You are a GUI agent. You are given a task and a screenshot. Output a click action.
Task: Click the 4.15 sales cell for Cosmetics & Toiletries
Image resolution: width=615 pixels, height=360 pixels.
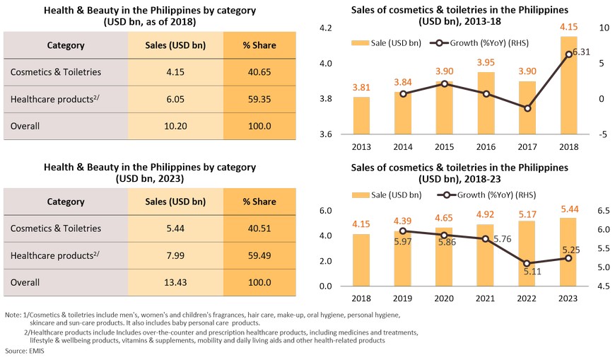(x=175, y=72)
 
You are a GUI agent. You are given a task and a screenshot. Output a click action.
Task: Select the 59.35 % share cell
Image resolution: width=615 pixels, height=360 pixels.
(x=259, y=100)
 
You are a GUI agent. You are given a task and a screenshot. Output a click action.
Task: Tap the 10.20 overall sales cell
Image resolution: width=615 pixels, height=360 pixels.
(x=175, y=127)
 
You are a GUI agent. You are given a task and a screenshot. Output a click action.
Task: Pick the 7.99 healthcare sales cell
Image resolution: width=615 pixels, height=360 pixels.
(x=175, y=255)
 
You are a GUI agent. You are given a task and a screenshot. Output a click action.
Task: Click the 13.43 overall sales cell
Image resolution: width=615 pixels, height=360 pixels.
(x=175, y=282)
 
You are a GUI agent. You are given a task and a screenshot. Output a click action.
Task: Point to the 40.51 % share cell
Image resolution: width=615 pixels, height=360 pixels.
(x=259, y=228)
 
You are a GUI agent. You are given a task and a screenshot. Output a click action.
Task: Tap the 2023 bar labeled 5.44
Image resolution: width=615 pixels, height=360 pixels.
(x=568, y=252)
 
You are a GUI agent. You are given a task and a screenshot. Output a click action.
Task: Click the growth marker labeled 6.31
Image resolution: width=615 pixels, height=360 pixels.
(x=568, y=54)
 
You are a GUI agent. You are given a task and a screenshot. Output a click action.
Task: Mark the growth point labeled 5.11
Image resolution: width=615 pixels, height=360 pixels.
(x=527, y=263)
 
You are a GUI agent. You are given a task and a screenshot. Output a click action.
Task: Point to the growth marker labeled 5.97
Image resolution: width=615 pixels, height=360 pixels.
(x=403, y=231)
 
